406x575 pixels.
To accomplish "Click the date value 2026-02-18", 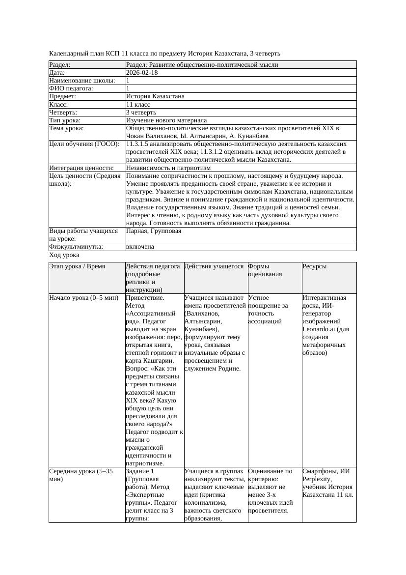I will coord(142,73).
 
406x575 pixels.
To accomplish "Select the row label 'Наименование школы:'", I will coord(82,81).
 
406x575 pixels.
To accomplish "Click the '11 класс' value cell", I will coord(138,105).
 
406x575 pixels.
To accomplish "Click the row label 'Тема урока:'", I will coord(67,128).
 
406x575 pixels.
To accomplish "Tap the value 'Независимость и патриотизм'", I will coord(168,168).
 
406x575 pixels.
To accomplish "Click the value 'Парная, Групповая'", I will coord(154,231).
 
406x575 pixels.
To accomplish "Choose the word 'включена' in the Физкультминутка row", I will coord(140,247).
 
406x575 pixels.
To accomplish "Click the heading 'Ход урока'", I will coord(64,255).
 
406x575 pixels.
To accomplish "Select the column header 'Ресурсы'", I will coord(315,266).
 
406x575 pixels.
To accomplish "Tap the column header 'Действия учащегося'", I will coord(214,266).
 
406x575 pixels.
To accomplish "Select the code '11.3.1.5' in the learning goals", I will coord(139,144).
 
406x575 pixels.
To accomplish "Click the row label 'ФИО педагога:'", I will coord(71,88).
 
